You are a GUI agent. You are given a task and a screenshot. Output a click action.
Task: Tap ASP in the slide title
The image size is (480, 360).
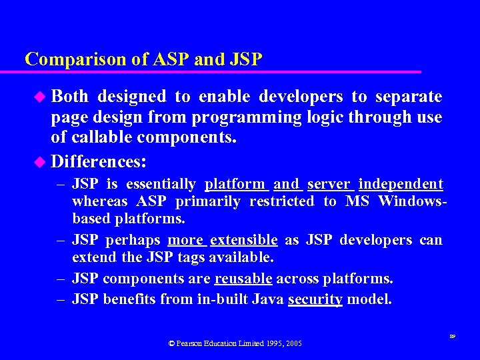(x=171, y=59)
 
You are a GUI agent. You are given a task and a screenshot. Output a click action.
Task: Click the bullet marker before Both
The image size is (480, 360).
(x=40, y=97)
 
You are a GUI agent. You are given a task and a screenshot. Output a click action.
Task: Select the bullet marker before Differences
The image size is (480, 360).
(x=40, y=163)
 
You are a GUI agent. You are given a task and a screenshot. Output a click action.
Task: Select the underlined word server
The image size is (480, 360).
(x=329, y=184)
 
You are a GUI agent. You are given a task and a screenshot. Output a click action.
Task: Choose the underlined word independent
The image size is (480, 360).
(x=401, y=184)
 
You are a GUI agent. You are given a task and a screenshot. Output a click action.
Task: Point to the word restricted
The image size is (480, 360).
(x=281, y=201)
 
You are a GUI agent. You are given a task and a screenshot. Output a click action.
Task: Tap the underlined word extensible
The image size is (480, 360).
(x=243, y=240)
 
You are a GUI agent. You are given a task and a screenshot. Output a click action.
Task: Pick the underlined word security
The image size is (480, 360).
(x=315, y=300)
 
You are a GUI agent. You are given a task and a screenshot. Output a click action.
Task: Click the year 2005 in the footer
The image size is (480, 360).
(x=292, y=343)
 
